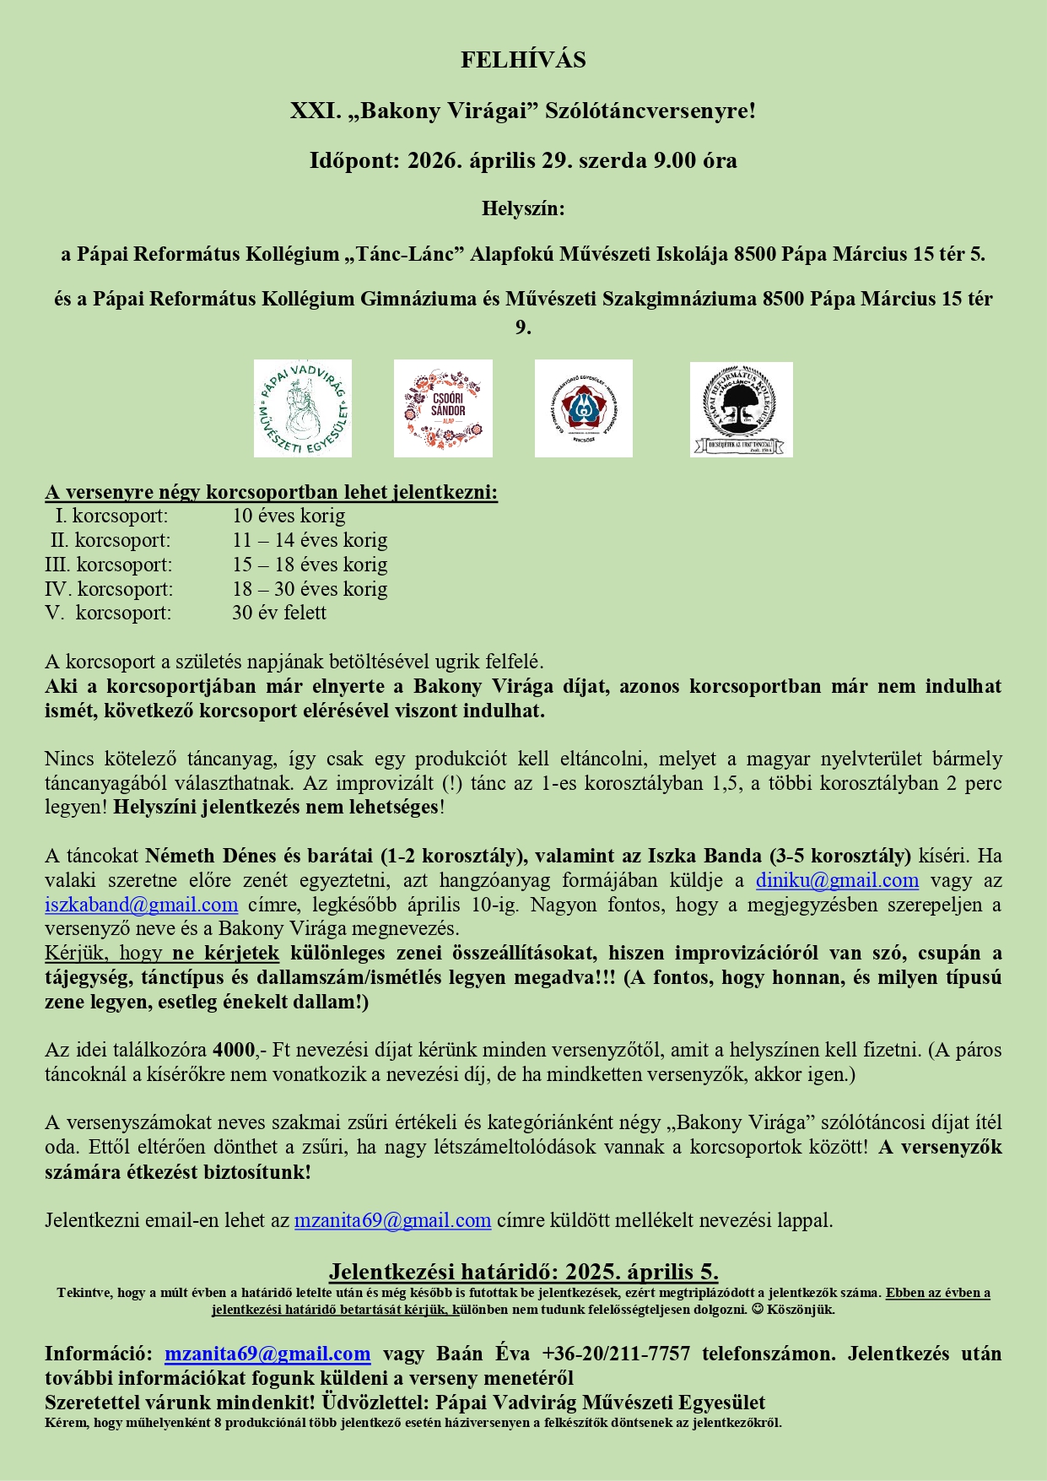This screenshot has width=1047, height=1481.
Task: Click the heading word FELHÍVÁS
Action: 523,60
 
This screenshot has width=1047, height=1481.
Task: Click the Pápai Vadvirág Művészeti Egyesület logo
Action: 303,408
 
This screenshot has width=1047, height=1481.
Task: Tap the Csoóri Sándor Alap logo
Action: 443,408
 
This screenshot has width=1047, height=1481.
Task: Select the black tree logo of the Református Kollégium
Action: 741,409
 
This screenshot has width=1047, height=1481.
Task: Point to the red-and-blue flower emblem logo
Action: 583,408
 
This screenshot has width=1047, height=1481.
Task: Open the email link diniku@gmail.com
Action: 837,880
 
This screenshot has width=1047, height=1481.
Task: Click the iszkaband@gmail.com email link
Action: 142,905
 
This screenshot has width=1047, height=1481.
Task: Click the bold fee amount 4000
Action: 234,1050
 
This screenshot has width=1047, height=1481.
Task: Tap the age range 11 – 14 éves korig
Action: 310,540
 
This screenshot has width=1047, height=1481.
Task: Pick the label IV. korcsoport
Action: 109,589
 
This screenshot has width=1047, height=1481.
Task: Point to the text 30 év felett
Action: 279,613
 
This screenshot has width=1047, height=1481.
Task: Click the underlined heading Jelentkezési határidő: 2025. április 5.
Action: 523,1272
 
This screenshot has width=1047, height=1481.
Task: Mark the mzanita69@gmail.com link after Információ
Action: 267,1354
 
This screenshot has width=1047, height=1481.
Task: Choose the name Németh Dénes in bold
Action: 202,856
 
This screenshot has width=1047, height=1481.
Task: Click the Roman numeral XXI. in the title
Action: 312,111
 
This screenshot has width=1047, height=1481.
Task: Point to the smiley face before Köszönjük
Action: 757,1310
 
